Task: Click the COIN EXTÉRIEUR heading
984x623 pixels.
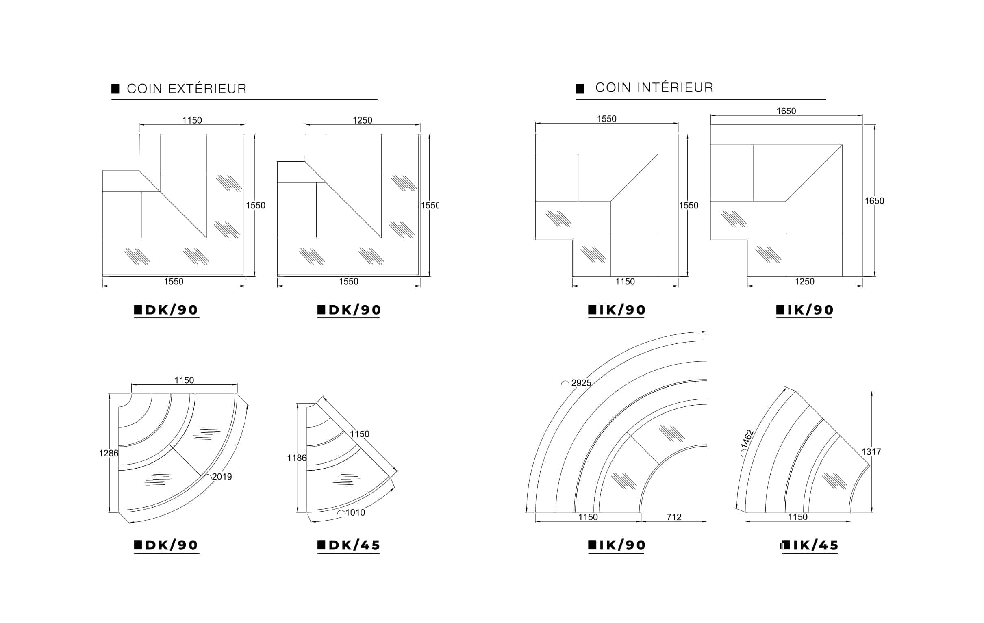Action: pyautogui.click(x=187, y=89)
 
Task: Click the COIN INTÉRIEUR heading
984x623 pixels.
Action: pyautogui.click(x=654, y=87)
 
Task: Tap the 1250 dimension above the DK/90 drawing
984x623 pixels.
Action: pyautogui.click(x=363, y=120)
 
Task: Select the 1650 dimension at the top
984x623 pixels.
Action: pyautogui.click(x=786, y=111)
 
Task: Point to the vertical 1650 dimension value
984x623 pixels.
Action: pyautogui.click(x=874, y=201)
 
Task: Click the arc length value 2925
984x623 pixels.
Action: pyautogui.click(x=581, y=383)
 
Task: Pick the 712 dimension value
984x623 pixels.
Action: pyautogui.click(x=674, y=517)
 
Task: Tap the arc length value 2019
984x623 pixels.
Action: pyautogui.click(x=222, y=476)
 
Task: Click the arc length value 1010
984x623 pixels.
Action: pyautogui.click(x=355, y=512)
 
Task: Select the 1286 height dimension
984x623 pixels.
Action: pyautogui.click(x=109, y=453)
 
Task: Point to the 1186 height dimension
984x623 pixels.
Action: pyautogui.click(x=297, y=458)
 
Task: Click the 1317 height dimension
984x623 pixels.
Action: pyautogui.click(x=871, y=452)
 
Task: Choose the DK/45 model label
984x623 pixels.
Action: pyautogui.click(x=349, y=545)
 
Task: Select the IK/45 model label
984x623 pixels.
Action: pyautogui.click(x=810, y=545)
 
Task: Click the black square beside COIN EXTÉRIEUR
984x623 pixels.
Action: pyautogui.click(x=116, y=89)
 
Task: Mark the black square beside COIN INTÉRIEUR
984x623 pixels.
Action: pyautogui.click(x=580, y=89)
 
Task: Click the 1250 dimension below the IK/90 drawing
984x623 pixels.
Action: pyautogui.click(x=804, y=282)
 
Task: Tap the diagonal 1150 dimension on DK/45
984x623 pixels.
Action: pyautogui.click(x=360, y=434)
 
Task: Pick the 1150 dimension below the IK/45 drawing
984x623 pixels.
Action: pyautogui.click(x=798, y=517)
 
